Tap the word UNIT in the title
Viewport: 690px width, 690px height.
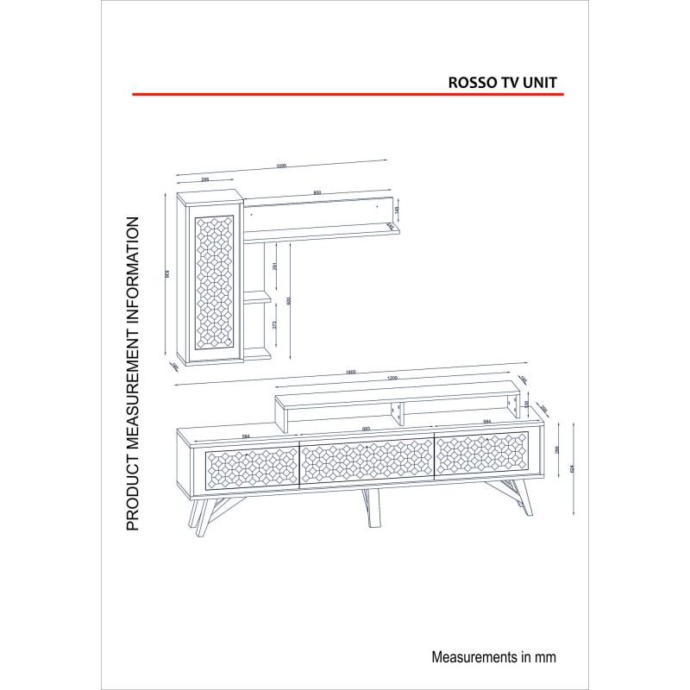(x=542, y=82)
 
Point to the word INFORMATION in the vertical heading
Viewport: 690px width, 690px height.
(x=133, y=267)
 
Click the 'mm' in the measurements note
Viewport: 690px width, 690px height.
(x=546, y=656)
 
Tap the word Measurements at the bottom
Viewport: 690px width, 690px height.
(x=474, y=656)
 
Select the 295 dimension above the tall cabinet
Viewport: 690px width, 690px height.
(x=206, y=179)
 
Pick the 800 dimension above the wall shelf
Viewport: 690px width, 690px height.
(x=317, y=192)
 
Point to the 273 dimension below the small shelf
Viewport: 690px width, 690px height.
(x=274, y=325)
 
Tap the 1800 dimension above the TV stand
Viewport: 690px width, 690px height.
(x=351, y=372)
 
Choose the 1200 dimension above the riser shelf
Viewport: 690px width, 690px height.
(x=392, y=379)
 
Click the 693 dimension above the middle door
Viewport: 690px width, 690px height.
(x=366, y=429)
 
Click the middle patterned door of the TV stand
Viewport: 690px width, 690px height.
(x=366, y=462)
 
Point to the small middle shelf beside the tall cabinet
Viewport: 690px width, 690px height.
(x=257, y=299)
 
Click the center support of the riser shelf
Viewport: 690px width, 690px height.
(x=398, y=413)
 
